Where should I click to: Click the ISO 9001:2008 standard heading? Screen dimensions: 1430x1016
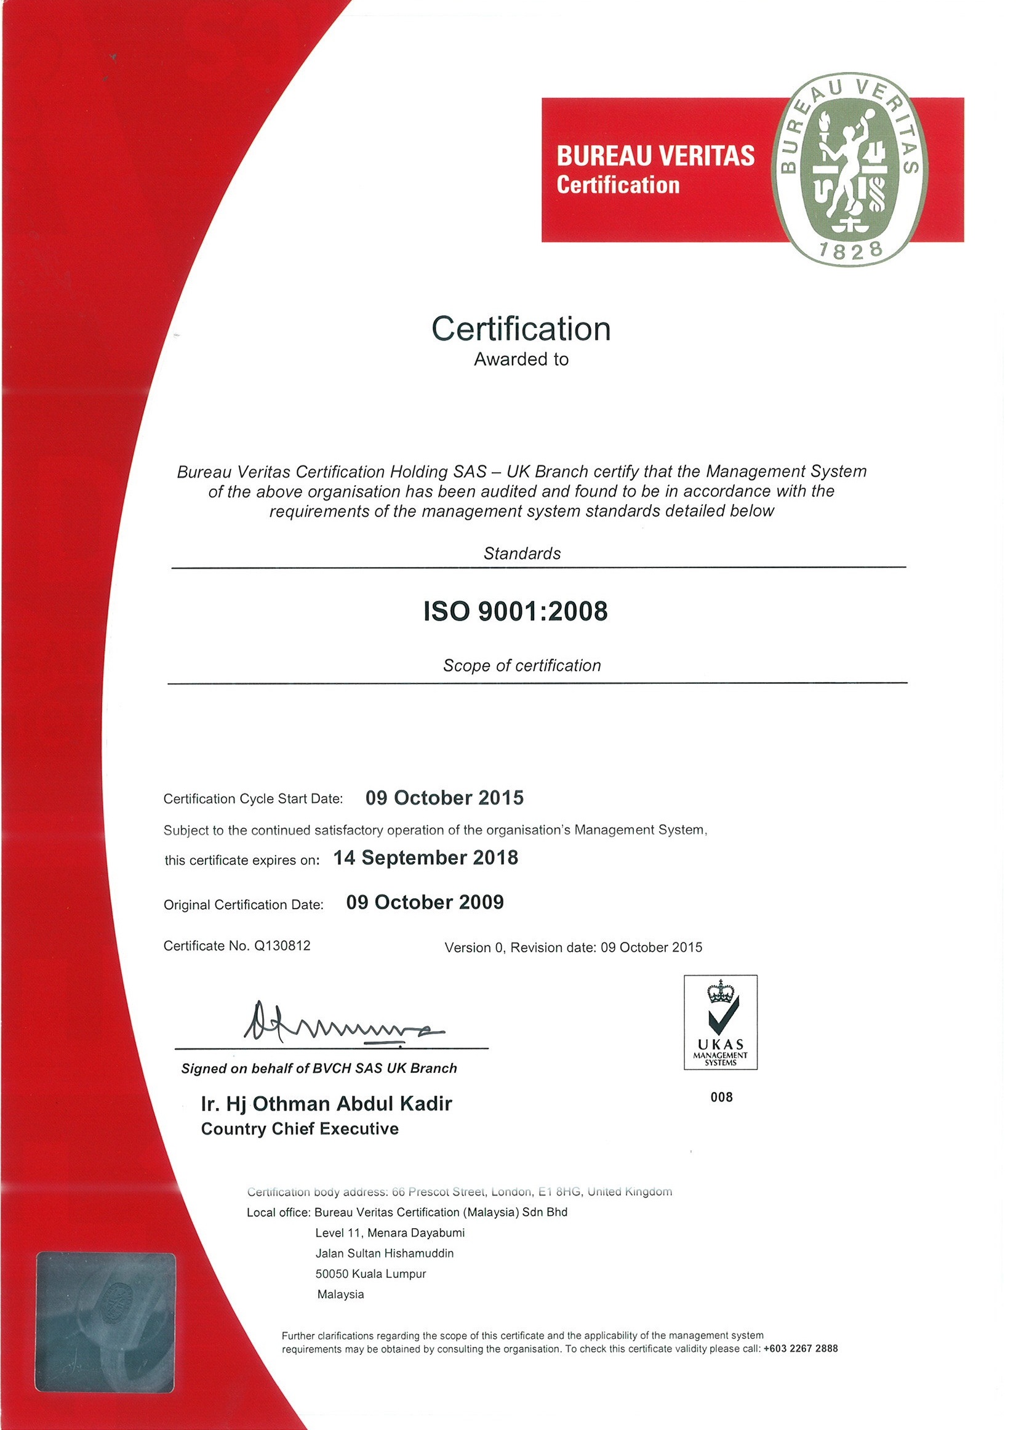[x=516, y=612]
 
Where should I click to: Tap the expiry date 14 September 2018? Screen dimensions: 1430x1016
[x=425, y=858]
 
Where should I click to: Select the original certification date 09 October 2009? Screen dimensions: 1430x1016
[x=425, y=902]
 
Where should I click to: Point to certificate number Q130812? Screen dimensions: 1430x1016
[x=281, y=946]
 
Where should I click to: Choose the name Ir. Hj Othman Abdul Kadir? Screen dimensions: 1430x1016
[x=326, y=1104]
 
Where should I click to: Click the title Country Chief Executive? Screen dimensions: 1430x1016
[x=300, y=1130]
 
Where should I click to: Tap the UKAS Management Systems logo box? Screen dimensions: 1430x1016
[x=720, y=1022]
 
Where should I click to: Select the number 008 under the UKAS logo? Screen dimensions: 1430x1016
[x=721, y=1097]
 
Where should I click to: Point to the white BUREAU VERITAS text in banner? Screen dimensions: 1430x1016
[x=655, y=156]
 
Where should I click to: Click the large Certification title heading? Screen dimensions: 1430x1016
[x=521, y=329]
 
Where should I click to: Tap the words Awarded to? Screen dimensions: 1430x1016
[x=521, y=360]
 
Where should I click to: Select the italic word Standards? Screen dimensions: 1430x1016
[x=522, y=554]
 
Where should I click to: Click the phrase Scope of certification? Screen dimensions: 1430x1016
[x=522, y=666]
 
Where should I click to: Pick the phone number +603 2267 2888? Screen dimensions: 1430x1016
[x=800, y=1349]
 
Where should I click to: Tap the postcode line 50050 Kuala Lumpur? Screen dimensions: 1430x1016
[x=370, y=1274]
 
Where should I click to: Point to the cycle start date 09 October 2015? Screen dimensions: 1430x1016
[x=444, y=798]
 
